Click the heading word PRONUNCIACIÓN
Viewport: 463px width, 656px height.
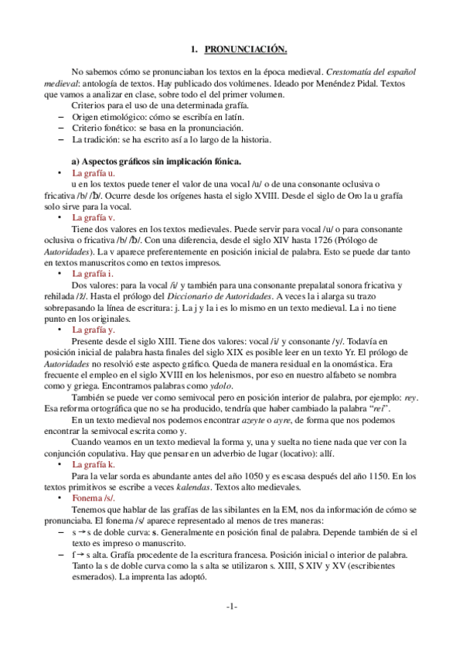(x=246, y=50)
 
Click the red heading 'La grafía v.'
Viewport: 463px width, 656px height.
(x=93, y=218)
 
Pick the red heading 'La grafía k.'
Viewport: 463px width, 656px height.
(x=93, y=464)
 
